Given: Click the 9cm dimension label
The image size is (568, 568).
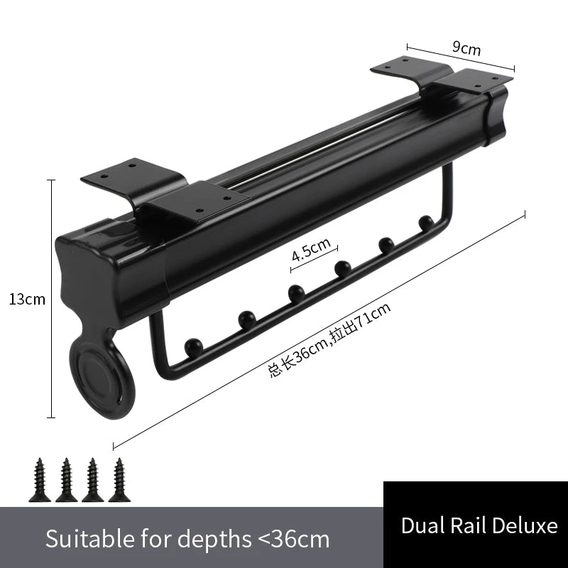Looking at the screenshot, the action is coord(466,48).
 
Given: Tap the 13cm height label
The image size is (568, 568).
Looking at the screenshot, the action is coord(27,300).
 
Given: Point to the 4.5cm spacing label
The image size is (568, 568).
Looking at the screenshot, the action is coord(311,249).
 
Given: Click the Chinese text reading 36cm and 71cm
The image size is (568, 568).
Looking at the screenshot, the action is coord(329,340).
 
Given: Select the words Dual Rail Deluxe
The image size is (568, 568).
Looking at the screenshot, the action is coord(479,525).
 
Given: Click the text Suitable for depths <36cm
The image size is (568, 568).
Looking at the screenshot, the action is coord(187,539).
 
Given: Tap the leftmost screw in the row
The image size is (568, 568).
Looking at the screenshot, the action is coord(40,480).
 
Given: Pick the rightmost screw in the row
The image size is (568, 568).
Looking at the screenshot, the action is coord(119,480).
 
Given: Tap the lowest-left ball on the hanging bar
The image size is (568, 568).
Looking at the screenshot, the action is coord(193,346).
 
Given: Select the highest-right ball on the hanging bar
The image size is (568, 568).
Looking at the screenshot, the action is coord(426,223).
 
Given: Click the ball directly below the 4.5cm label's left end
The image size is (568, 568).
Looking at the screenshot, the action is coord(296,293).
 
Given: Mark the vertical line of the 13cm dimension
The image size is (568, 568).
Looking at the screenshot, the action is coord(51,298).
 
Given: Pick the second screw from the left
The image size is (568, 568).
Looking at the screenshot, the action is coord(66,480).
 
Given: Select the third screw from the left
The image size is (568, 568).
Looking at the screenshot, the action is coord(93,480).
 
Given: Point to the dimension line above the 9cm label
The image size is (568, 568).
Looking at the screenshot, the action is coord(461,58).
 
